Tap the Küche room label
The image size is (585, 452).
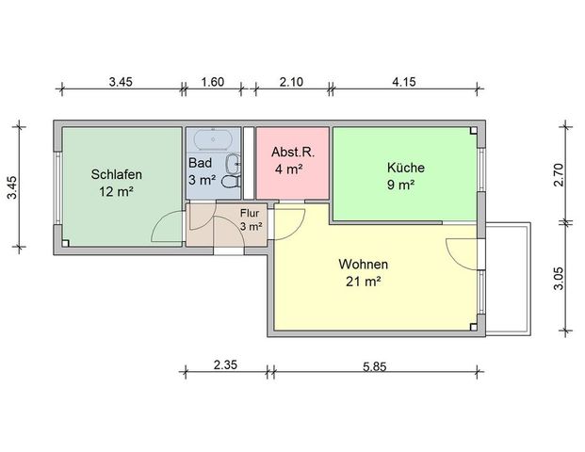[406, 168]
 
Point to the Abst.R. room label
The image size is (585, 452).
[286, 153]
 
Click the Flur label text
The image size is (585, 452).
[250, 213]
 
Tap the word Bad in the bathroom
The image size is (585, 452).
[201, 162]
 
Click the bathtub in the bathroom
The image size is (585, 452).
[213, 139]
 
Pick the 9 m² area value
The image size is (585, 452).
[406, 185]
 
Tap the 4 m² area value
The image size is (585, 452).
[286, 169]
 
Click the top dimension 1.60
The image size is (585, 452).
[213, 83]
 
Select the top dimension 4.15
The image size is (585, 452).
[403, 83]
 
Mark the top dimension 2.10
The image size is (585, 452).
[292, 83]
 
